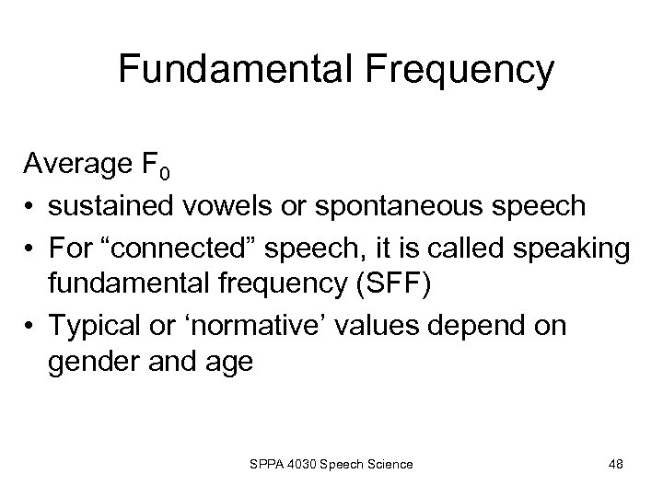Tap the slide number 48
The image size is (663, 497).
[x=616, y=465]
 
